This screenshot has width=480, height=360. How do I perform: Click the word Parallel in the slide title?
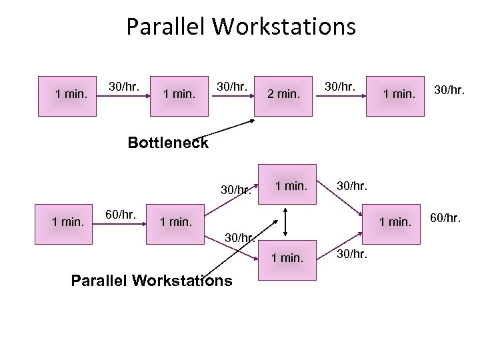click(x=167, y=27)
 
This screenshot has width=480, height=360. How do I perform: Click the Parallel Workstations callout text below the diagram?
click(x=151, y=281)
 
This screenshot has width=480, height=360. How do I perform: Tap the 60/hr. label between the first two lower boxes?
click(x=121, y=214)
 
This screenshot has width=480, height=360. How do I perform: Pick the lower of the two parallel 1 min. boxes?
click(x=286, y=256)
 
